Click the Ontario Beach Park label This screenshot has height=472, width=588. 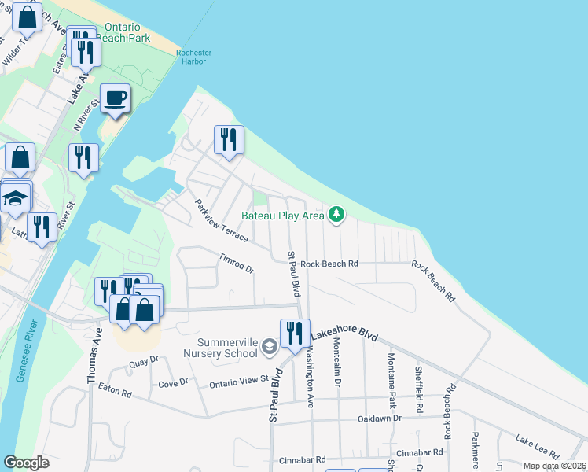point(127,31)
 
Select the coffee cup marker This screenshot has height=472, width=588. point(116,99)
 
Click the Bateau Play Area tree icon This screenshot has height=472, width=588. point(336,214)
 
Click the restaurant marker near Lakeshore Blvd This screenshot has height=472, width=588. point(295,334)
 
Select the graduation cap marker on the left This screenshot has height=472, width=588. point(15,200)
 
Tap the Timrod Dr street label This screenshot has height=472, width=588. point(237,263)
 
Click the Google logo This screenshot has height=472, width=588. point(27,463)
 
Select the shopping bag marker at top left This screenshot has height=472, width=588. point(27,17)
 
